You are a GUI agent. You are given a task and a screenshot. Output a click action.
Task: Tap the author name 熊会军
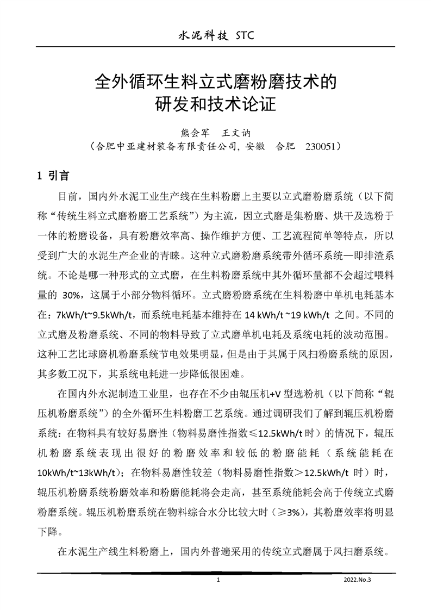coord(194,132)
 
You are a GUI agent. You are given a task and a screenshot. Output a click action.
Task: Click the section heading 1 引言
coord(52,176)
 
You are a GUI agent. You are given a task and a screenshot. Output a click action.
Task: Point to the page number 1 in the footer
coord(217,580)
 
